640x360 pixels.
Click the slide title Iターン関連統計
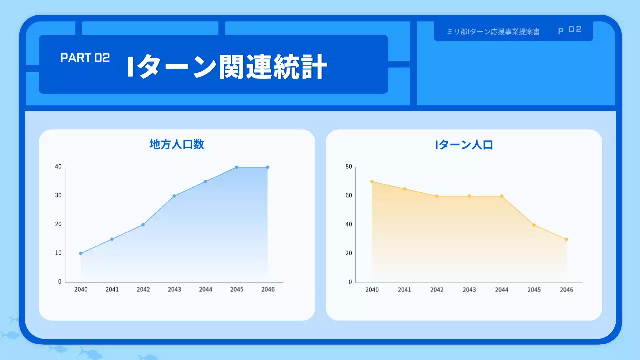click(227, 68)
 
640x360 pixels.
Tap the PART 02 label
click(85, 58)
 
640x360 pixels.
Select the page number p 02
click(570, 30)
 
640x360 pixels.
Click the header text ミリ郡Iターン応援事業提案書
click(493, 31)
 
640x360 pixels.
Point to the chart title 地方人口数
click(177, 144)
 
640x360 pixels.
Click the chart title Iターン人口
click(464, 145)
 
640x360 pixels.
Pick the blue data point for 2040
click(81, 253)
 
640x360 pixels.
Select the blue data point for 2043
click(174, 196)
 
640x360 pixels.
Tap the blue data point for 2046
click(268, 167)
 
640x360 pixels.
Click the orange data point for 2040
click(372, 182)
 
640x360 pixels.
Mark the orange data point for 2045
click(534, 225)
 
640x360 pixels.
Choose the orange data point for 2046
click(566, 239)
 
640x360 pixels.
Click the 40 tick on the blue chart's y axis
click(58, 167)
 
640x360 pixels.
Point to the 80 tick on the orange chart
click(349, 167)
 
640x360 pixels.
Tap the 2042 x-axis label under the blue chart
click(143, 289)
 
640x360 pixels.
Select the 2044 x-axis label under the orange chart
click(501, 290)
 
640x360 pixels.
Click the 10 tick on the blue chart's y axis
click(58, 253)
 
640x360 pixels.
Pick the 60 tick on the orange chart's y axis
click(349, 196)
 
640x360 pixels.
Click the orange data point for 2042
click(437, 196)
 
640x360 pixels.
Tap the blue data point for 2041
click(112, 239)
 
